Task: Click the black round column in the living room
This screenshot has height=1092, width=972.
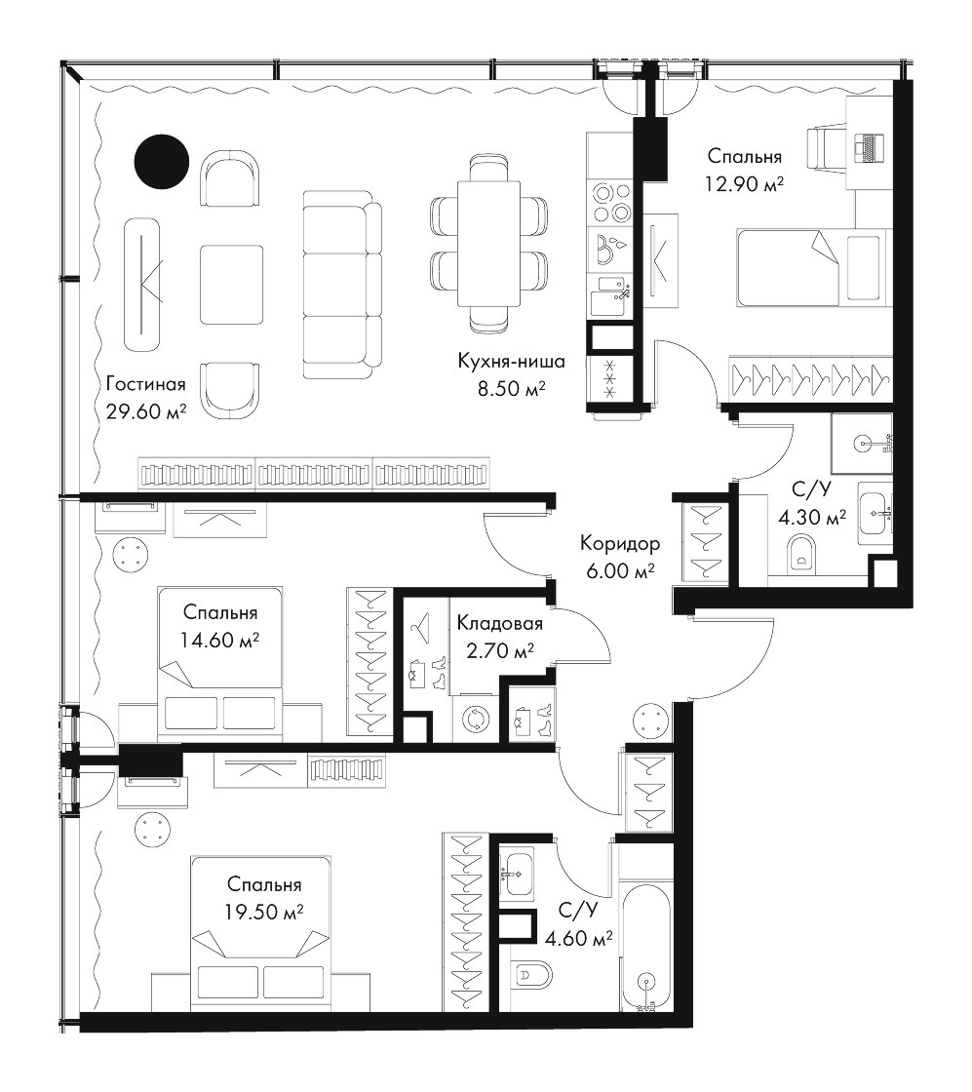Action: (x=162, y=161)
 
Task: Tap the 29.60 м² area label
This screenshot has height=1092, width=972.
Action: (x=146, y=411)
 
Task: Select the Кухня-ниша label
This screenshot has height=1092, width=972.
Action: (x=511, y=362)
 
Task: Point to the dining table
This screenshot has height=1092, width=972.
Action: (x=488, y=243)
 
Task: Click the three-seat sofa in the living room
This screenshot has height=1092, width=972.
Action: (x=342, y=284)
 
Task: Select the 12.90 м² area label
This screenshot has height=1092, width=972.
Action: (x=744, y=184)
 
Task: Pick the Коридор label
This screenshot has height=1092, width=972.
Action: (x=620, y=543)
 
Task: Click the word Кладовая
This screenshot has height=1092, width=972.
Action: (x=499, y=623)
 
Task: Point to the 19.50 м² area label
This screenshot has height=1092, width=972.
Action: (x=264, y=912)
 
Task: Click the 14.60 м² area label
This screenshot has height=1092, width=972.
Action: (x=219, y=640)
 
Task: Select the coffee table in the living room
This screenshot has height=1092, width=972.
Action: (x=232, y=284)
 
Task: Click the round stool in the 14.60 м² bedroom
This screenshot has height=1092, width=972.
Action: (x=131, y=556)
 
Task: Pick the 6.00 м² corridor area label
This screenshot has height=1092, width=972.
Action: (x=620, y=571)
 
